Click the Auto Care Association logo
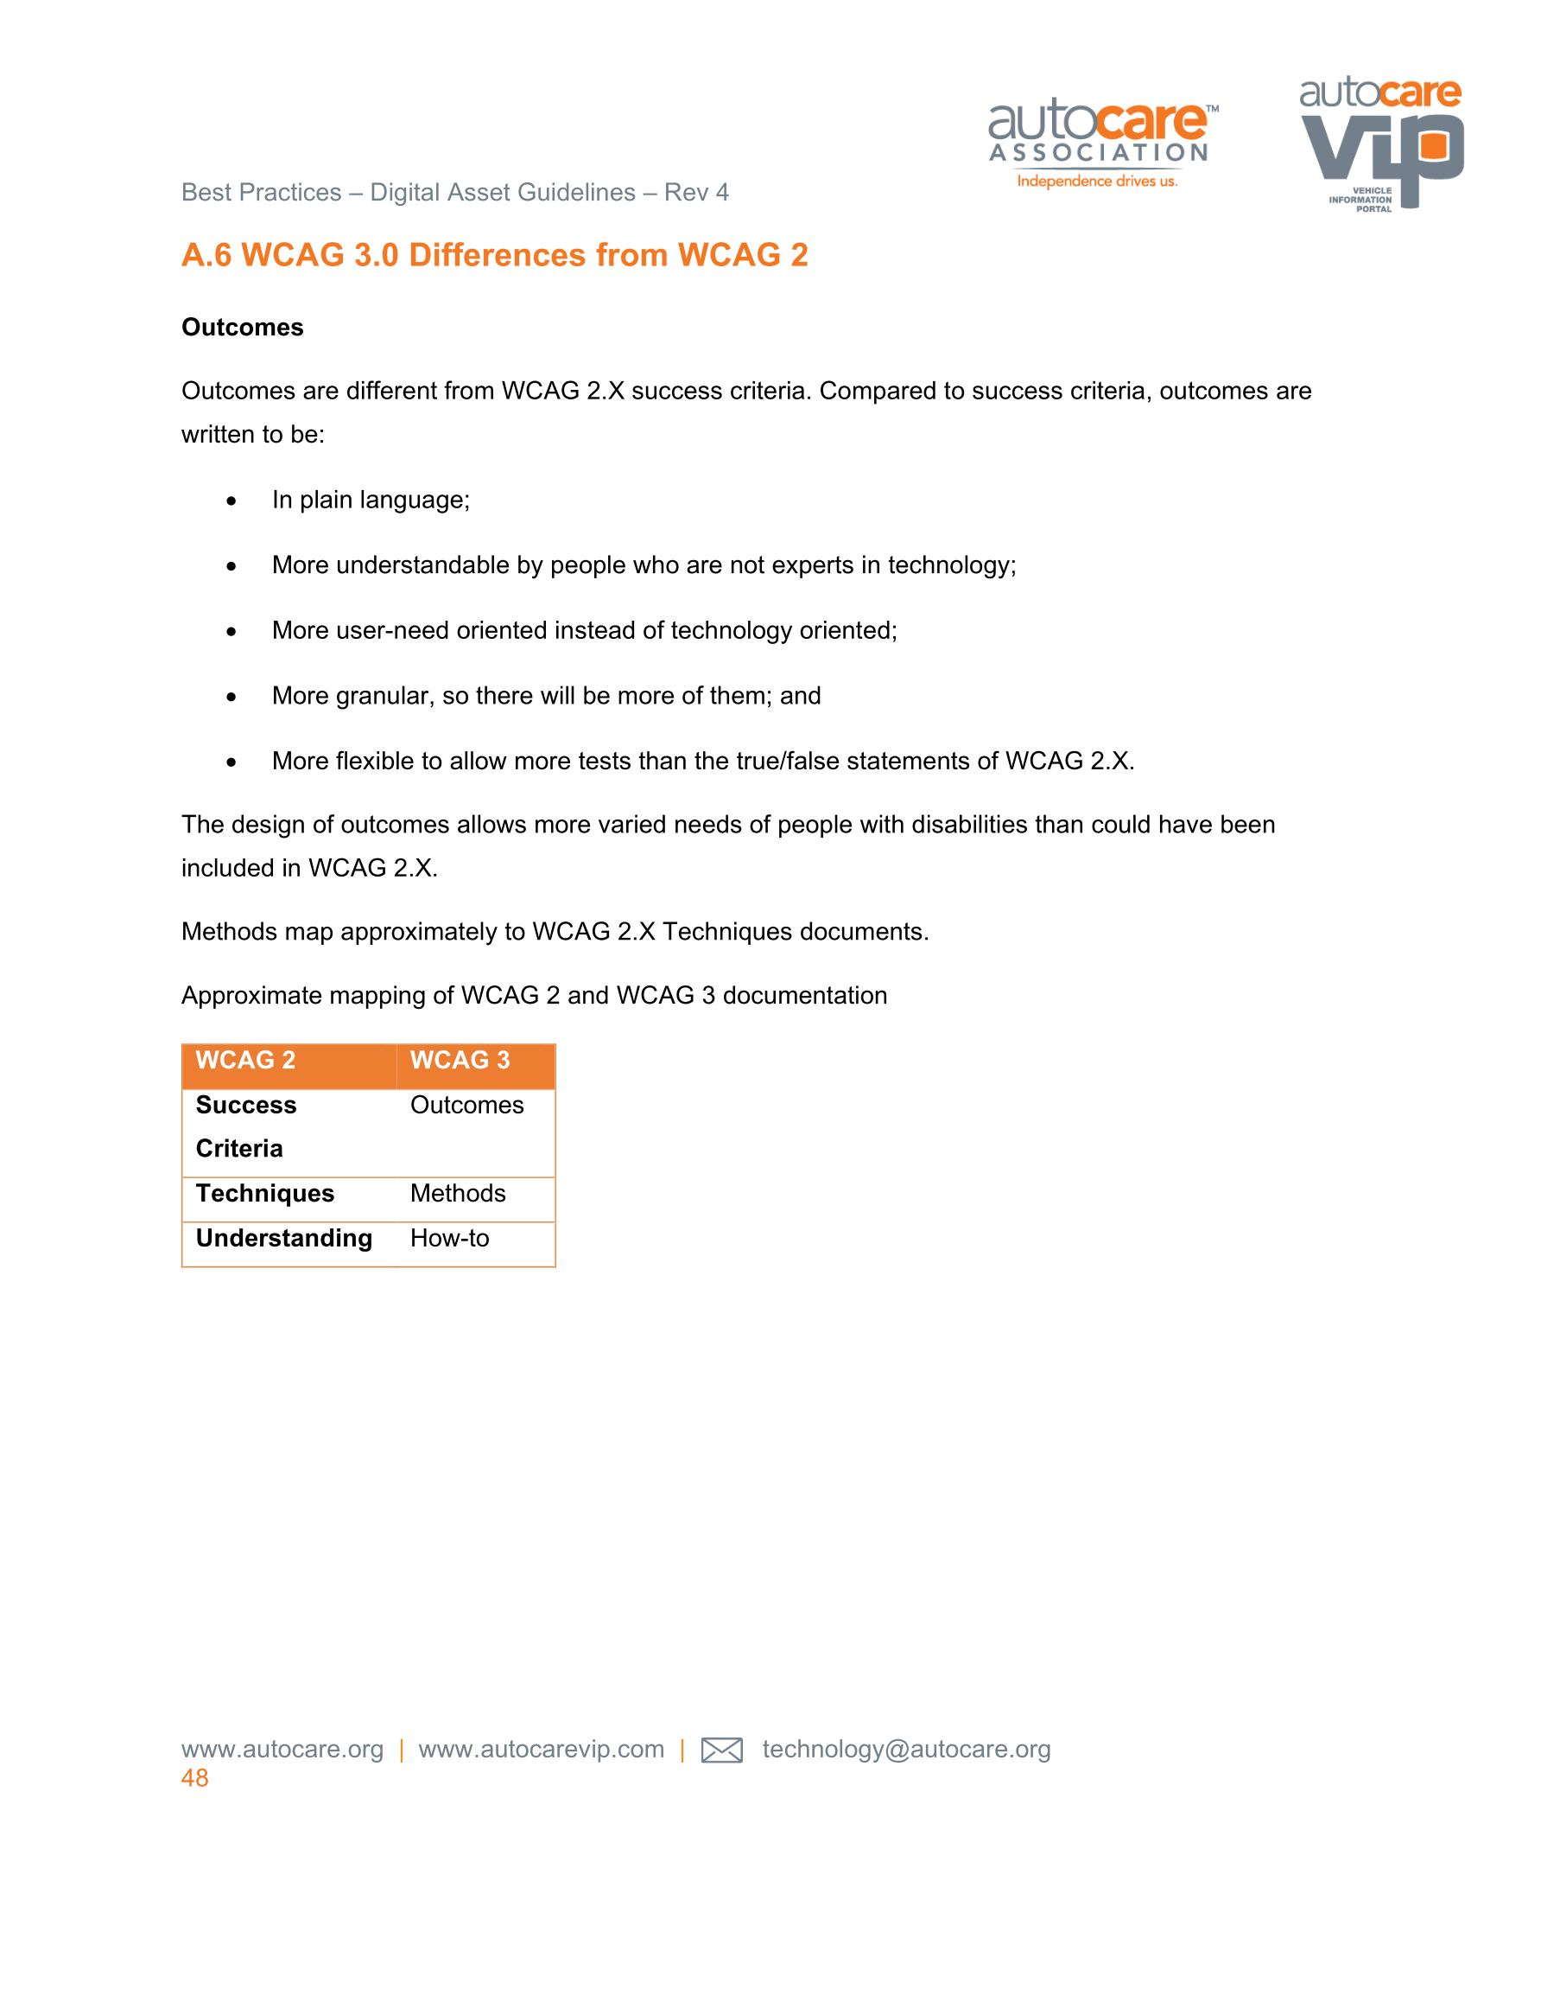(x=1100, y=143)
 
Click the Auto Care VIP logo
(x=1380, y=143)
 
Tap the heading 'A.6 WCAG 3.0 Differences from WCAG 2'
(x=494, y=255)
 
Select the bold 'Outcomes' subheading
(x=242, y=327)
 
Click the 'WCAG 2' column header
(x=245, y=1060)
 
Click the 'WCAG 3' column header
(x=460, y=1060)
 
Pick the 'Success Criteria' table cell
(x=245, y=1127)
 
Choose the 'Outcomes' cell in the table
(x=466, y=1106)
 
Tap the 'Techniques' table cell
(x=265, y=1194)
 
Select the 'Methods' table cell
(x=458, y=1194)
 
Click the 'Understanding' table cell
(x=284, y=1239)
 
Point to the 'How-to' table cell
(x=449, y=1239)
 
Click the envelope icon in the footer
(x=720, y=1750)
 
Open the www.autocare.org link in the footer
(x=282, y=1750)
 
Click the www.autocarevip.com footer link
(x=541, y=1750)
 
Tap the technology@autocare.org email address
(x=906, y=1750)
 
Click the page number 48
(x=194, y=1778)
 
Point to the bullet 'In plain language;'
(x=371, y=500)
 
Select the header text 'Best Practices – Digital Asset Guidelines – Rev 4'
(x=455, y=193)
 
